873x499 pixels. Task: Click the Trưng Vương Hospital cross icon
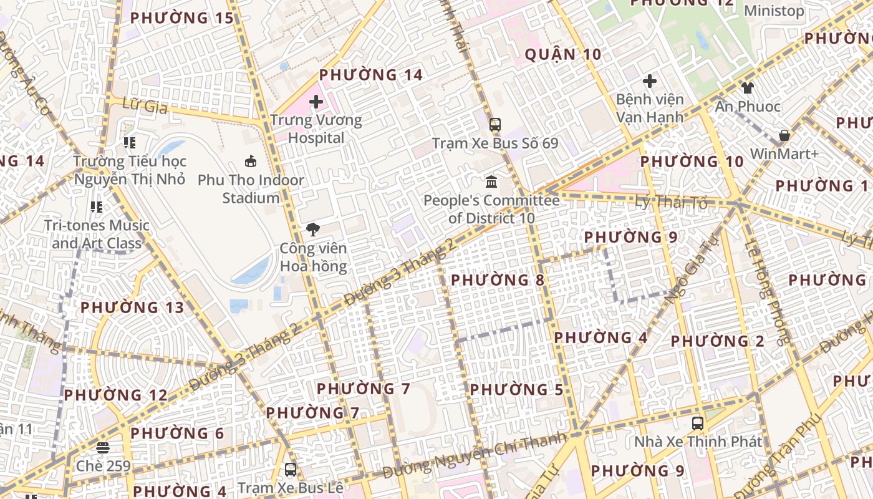tap(316, 101)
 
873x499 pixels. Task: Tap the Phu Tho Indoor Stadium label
tap(251, 189)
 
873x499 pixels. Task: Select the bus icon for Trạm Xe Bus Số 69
tap(495, 125)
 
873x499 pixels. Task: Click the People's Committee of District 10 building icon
tap(491, 182)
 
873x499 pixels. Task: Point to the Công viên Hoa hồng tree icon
tap(312, 230)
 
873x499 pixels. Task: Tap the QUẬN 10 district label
tap(563, 55)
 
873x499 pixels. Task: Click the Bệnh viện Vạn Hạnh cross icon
tap(650, 81)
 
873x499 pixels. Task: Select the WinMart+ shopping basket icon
tap(784, 135)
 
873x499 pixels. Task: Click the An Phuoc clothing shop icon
tap(747, 88)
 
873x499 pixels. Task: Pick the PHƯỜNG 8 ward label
tap(498, 280)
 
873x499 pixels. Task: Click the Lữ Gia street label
tap(145, 106)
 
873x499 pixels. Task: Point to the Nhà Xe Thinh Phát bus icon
tap(698, 423)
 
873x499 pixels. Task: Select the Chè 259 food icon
tap(103, 447)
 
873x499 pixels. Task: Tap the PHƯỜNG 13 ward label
tap(132, 308)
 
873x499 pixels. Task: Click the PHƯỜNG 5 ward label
tap(516, 390)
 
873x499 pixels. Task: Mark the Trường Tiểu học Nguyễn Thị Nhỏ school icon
tap(130, 143)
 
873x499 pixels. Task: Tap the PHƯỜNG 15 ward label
tap(181, 18)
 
